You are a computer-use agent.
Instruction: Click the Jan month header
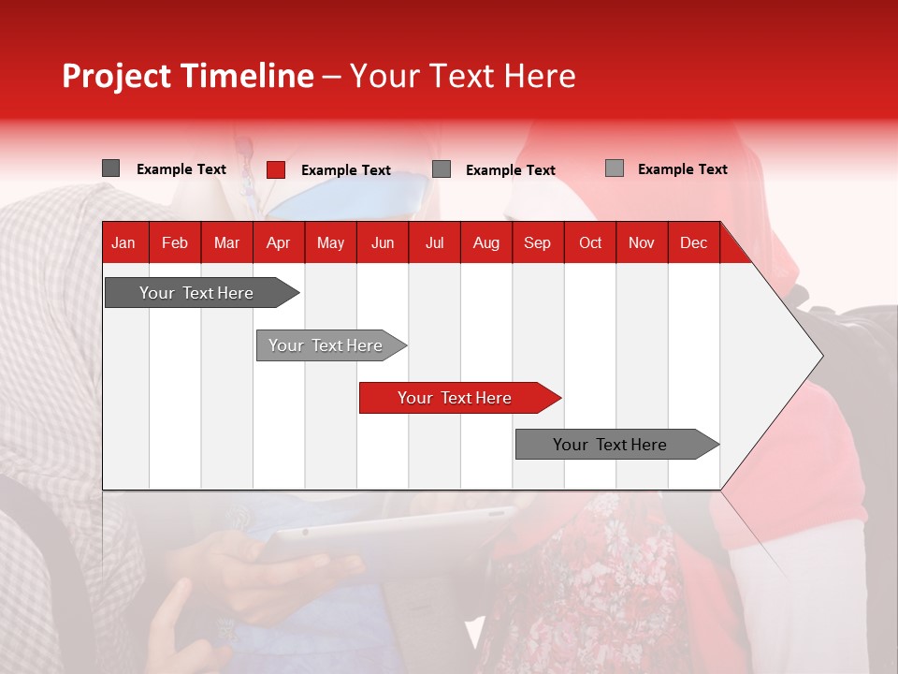(x=123, y=242)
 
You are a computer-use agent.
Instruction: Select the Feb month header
(x=175, y=242)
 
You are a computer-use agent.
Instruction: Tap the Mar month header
(x=226, y=242)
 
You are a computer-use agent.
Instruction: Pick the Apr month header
(x=278, y=242)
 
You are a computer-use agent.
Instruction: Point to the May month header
(x=330, y=242)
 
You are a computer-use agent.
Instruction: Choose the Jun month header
(x=383, y=242)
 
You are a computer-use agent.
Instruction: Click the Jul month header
(x=434, y=242)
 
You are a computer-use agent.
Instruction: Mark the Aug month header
(x=485, y=242)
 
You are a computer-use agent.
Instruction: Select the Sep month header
(x=537, y=242)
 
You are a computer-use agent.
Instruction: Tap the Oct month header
(x=590, y=242)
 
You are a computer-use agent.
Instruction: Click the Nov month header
(x=641, y=242)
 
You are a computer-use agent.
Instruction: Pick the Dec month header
(x=693, y=242)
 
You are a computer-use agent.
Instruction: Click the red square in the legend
(x=276, y=169)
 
